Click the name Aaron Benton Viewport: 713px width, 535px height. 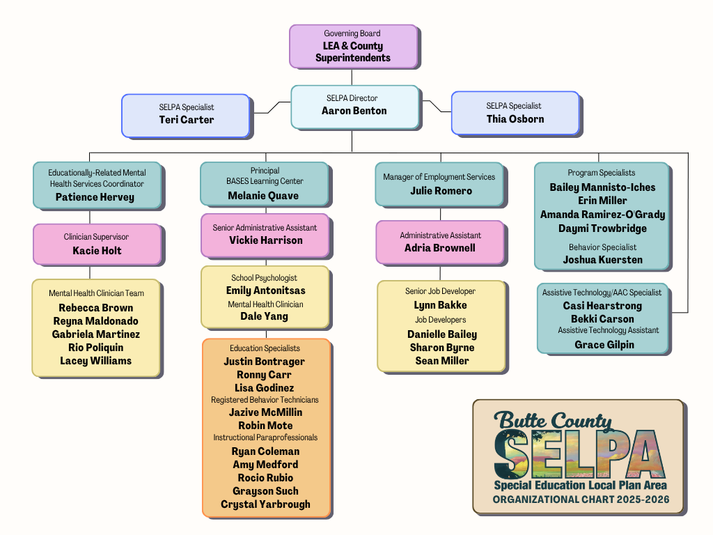pos(354,111)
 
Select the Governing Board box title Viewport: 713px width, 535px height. pos(352,33)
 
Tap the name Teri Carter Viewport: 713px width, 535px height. pos(186,120)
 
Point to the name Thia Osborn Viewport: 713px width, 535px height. pos(515,119)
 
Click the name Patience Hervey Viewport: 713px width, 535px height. pos(95,197)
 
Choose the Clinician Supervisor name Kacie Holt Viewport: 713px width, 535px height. pos(97,251)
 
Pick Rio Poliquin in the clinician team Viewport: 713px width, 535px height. pos(95,348)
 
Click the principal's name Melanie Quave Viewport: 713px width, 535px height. pos(263,196)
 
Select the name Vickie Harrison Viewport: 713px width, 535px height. pos(266,240)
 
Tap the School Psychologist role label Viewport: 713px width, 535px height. pos(265,278)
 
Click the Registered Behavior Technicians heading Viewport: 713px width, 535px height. pos(265,400)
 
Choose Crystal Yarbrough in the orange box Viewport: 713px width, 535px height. pos(265,504)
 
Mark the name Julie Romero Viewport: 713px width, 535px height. pos(441,191)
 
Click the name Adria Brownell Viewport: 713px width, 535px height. pos(439,248)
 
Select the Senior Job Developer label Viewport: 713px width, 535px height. pos(440,291)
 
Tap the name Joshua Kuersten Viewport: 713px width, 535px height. pos(602,260)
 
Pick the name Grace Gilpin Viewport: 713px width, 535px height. pos(604,345)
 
